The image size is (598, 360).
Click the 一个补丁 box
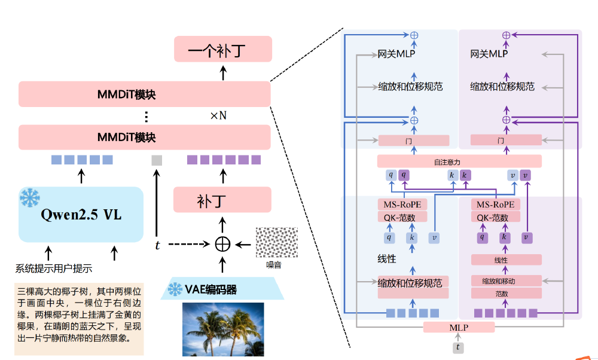click(x=222, y=49)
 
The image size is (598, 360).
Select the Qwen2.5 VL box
click(x=81, y=214)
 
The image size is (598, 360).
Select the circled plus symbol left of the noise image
click(x=222, y=244)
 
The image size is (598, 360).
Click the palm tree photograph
click(x=223, y=329)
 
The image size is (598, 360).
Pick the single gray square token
click(x=157, y=160)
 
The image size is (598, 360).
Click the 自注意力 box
click(x=459, y=161)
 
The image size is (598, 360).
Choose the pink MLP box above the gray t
click(x=459, y=327)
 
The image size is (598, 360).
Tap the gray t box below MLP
click(x=458, y=347)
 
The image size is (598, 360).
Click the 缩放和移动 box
click(x=507, y=281)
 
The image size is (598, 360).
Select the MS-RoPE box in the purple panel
click(x=495, y=205)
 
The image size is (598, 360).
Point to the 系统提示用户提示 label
click(x=57, y=269)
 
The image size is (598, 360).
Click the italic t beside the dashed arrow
click(x=158, y=245)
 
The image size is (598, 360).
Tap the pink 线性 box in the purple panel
click(x=507, y=260)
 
